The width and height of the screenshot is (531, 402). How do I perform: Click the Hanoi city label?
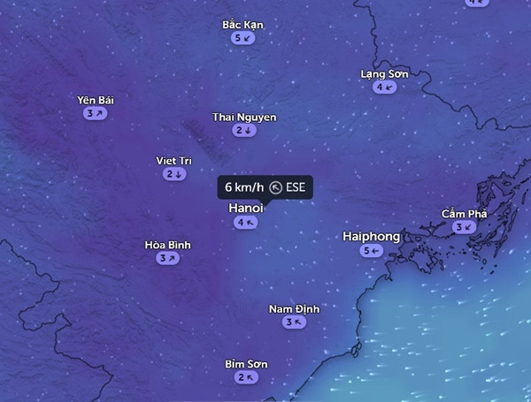coord(246,208)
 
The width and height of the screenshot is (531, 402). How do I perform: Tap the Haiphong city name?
coord(372,237)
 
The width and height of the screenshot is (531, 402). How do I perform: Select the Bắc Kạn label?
coord(243,24)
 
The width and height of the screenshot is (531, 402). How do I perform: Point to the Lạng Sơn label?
coord(384,73)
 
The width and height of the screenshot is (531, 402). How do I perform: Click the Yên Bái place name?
coord(96,100)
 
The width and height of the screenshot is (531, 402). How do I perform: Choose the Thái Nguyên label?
coord(244,117)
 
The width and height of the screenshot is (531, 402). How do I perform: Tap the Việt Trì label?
coord(173,161)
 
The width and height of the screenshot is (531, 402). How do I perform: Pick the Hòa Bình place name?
coord(167,245)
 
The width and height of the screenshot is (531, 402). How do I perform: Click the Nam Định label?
coord(294,308)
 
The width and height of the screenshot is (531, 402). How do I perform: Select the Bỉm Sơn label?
coord(246,364)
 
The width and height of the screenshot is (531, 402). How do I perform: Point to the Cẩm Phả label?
coord(464,214)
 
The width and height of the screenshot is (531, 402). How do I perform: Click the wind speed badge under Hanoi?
coord(246,223)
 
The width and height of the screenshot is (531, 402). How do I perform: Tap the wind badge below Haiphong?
coord(372,251)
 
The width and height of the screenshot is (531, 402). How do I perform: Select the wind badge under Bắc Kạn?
coord(243,38)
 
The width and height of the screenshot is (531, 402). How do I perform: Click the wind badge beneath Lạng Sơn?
coord(384,87)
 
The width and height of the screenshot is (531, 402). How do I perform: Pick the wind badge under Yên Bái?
coord(96,114)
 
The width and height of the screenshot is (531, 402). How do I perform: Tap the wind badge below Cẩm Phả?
coord(464,228)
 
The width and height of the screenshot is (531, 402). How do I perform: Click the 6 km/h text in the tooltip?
coord(243,187)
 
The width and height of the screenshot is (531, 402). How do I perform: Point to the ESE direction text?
coord(296,187)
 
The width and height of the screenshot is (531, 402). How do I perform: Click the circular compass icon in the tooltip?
coord(275,187)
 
